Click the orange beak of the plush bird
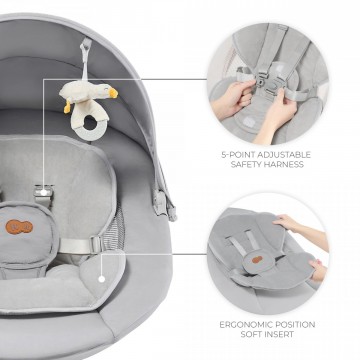coord(113,93)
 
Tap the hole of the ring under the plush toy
coord(90,123)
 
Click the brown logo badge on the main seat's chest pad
coord(19,227)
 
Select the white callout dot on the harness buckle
coord(44,192)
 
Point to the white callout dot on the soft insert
coord(102,279)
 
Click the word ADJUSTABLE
coord(286,155)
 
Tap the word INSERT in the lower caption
coord(281,334)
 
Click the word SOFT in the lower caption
coord(251,334)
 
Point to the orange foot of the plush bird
coord(68,107)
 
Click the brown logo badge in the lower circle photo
coord(257,260)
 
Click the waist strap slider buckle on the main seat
coord(97,245)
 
